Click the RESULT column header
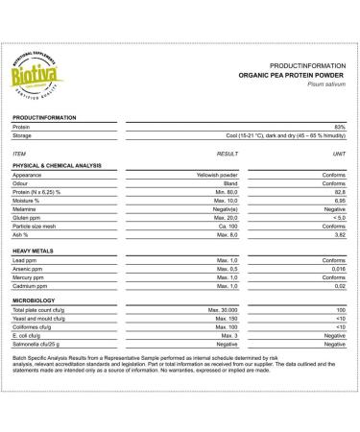click(x=227, y=153)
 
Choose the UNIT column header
click(x=339, y=153)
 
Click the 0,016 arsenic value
click(x=337, y=268)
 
